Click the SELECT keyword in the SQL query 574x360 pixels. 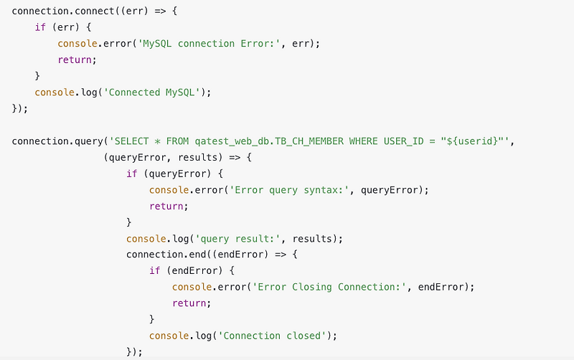135,141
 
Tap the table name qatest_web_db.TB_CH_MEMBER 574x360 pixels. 265,141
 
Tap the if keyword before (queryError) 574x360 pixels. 131,174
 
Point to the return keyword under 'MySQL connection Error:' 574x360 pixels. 76,60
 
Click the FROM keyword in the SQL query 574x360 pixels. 177,141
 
